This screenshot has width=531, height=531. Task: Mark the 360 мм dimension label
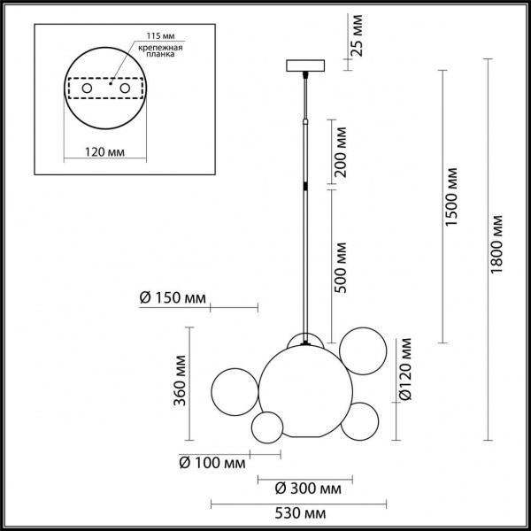(x=180, y=384)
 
